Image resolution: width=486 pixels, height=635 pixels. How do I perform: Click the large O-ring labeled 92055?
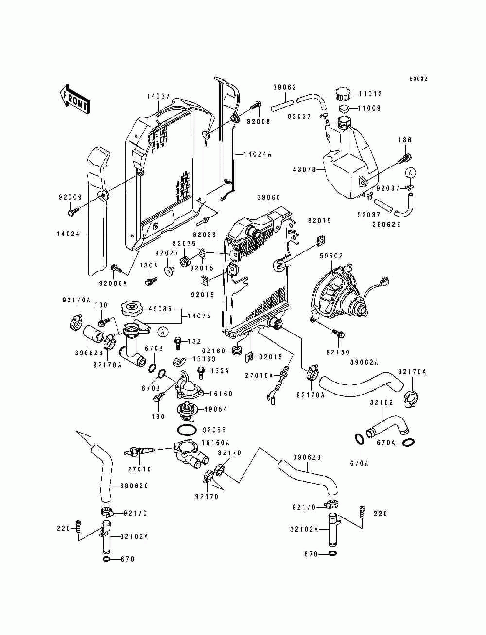[x=187, y=430]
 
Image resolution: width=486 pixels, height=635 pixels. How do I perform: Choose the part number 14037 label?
[x=158, y=97]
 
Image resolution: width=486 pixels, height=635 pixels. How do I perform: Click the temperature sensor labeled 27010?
[x=140, y=452]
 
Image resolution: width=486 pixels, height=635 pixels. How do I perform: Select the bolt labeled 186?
[x=406, y=157]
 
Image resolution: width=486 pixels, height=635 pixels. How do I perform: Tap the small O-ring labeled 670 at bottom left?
[x=107, y=559]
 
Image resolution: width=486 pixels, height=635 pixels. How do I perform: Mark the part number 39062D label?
[x=307, y=457]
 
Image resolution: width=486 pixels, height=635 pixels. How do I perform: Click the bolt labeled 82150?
[x=340, y=334]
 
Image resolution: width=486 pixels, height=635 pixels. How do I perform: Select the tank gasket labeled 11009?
[x=343, y=108]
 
